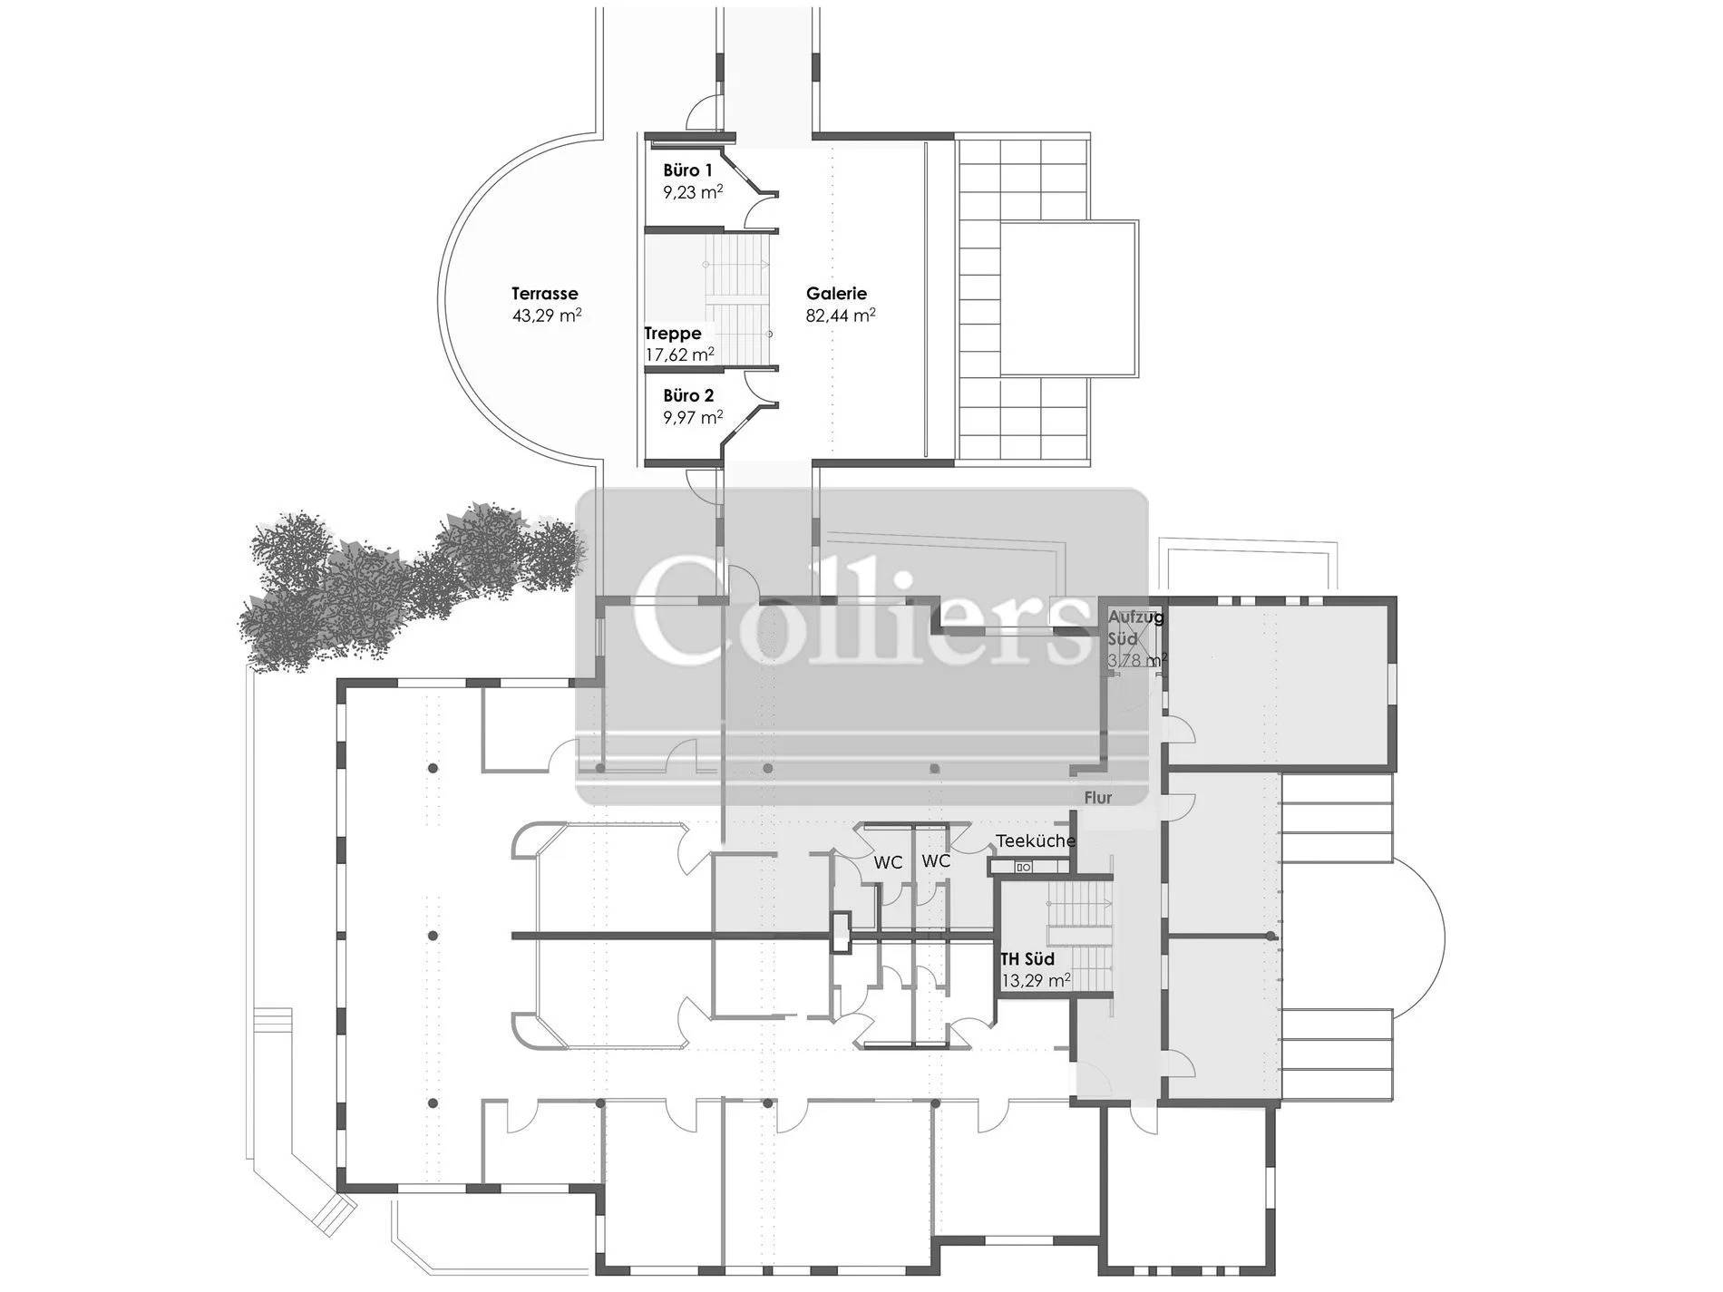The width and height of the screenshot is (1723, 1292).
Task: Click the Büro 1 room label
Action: pyautogui.click(x=687, y=170)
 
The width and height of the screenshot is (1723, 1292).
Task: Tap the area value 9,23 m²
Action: pyautogui.click(x=693, y=192)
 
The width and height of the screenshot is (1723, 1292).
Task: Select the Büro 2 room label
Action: pyautogui.click(x=688, y=396)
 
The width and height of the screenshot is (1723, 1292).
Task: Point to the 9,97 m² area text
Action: pyautogui.click(x=693, y=418)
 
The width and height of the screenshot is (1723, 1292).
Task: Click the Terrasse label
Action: pyautogui.click(x=544, y=294)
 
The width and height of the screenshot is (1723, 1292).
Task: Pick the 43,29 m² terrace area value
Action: pyautogui.click(x=547, y=316)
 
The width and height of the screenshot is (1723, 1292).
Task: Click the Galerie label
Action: pyautogui.click(x=836, y=294)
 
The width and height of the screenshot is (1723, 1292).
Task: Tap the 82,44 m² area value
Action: pyautogui.click(x=841, y=316)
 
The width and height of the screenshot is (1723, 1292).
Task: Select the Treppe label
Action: pyautogui.click(x=673, y=334)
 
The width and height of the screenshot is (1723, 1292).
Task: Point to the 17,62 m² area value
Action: pyautogui.click(x=679, y=355)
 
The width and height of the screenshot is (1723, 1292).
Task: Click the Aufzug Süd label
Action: pyautogui.click(x=1136, y=627)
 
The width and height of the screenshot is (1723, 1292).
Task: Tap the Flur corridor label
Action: pyautogui.click(x=1098, y=798)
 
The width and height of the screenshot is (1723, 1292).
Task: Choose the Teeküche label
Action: pyautogui.click(x=1036, y=841)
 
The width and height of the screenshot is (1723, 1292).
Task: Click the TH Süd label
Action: pyautogui.click(x=1027, y=958)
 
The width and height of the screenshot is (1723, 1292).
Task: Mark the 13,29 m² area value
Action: pyautogui.click(x=1037, y=980)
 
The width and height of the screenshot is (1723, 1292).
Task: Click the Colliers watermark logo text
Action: pyautogui.click(x=861, y=611)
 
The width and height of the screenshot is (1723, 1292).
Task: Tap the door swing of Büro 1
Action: pyautogui.click(x=762, y=214)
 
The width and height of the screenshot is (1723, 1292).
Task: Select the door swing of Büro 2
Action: pyautogui.click(x=763, y=385)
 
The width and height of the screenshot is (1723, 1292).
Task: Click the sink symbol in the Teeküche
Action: pyautogui.click(x=1024, y=868)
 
